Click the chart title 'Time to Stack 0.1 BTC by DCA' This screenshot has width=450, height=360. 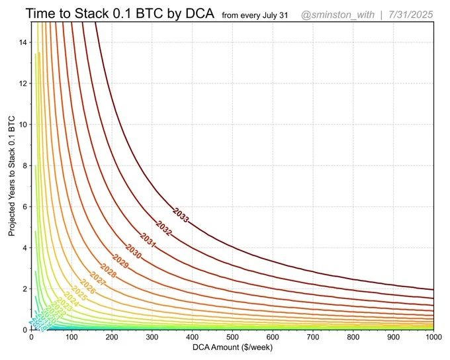(111, 13)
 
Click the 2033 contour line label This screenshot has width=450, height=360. (181, 215)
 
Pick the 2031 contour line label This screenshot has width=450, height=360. (148, 240)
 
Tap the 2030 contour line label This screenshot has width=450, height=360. (133, 252)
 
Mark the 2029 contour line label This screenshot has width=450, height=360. (120, 263)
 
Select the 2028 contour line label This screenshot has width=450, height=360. (108, 273)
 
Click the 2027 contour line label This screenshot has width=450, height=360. (97, 281)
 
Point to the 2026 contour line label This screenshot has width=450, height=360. (87, 289)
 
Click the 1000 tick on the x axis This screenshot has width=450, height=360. (433, 337)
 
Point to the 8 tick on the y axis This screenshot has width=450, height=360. (23, 166)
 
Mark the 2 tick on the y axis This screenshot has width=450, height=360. (23, 289)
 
